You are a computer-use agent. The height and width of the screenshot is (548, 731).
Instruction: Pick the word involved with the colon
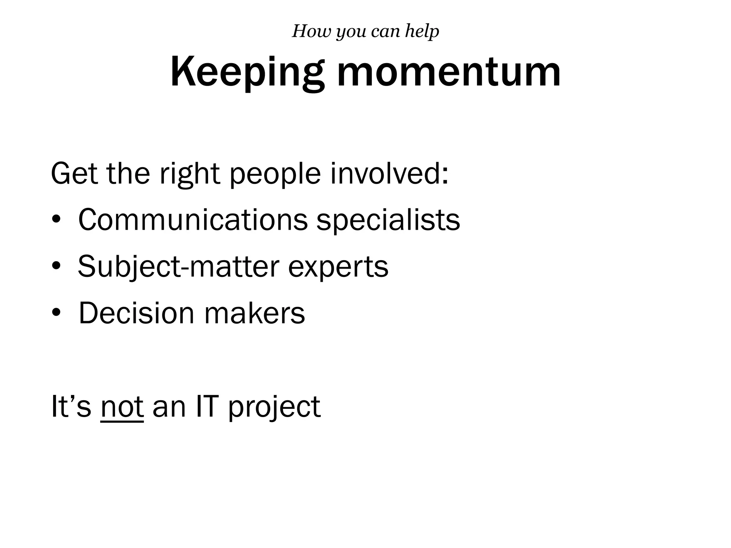pyautogui.click(x=389, y=174)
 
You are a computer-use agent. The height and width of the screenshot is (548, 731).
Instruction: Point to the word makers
pyautogui.click(x=254, y=313)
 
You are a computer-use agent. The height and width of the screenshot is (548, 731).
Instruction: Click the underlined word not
pyautogui.click(x=122, y=407)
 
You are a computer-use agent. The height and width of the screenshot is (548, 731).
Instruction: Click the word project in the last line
pyautogui.click(x=274, y=407)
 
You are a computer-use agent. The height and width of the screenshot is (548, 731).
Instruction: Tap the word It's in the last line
pyautogui.click(x=71, y=406)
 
